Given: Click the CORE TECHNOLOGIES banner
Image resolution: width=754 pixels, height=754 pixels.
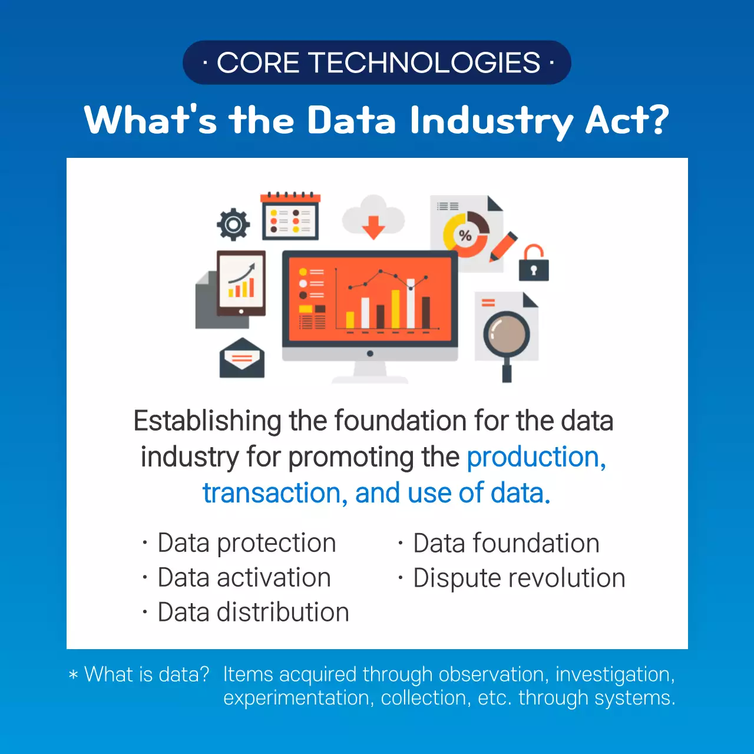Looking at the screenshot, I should coord(377,62).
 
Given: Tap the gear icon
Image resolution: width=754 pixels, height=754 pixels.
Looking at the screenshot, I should coord(233,224).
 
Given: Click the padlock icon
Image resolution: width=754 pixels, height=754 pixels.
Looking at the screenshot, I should coord(534,263).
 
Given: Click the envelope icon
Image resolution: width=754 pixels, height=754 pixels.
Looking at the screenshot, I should coord(242,359).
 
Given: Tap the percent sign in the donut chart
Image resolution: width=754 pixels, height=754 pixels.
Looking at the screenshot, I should coord(465,236).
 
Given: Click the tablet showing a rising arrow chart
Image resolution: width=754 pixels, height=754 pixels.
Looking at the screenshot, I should coord(242,283).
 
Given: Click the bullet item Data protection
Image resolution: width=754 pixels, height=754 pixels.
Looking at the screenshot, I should coord(246,543).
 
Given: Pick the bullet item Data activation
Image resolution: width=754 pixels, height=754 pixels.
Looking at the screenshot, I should coord(244,578).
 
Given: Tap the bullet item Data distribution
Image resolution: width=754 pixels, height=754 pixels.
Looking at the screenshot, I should coord(253,613).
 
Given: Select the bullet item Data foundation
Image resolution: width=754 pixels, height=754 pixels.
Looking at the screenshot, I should coord(506,543).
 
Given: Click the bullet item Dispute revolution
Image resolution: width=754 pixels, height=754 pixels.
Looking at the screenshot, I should coord(519,578).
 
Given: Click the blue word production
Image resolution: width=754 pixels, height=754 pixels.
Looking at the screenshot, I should coord(535,458).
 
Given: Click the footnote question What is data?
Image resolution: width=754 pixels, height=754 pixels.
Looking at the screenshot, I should coord(147,674).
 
